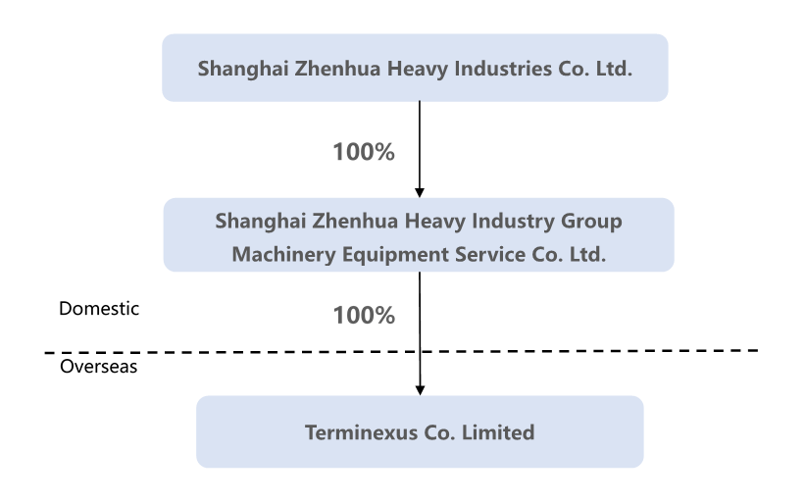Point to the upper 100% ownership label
[x=363, y=152]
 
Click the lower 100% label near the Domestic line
[x=363, y=316]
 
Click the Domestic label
[x=99, y=308]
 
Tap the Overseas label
[x=99, y=367]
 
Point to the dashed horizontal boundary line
[x=196, y=351]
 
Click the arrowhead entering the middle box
[x=420, y=191]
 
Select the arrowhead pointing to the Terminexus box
[x=420, y=389]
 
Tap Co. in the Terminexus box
[x=436, y=431]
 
